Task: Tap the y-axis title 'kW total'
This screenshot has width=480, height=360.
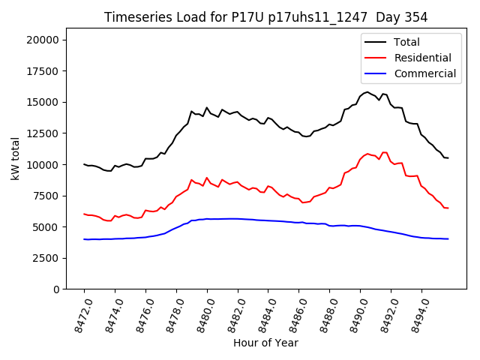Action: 16,158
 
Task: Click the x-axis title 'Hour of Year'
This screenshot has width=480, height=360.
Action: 265,343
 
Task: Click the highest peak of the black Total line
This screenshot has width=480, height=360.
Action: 367,92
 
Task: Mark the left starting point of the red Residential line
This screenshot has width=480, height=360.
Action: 84,214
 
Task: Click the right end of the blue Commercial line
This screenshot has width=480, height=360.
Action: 448,239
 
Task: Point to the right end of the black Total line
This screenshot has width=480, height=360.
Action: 448,157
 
